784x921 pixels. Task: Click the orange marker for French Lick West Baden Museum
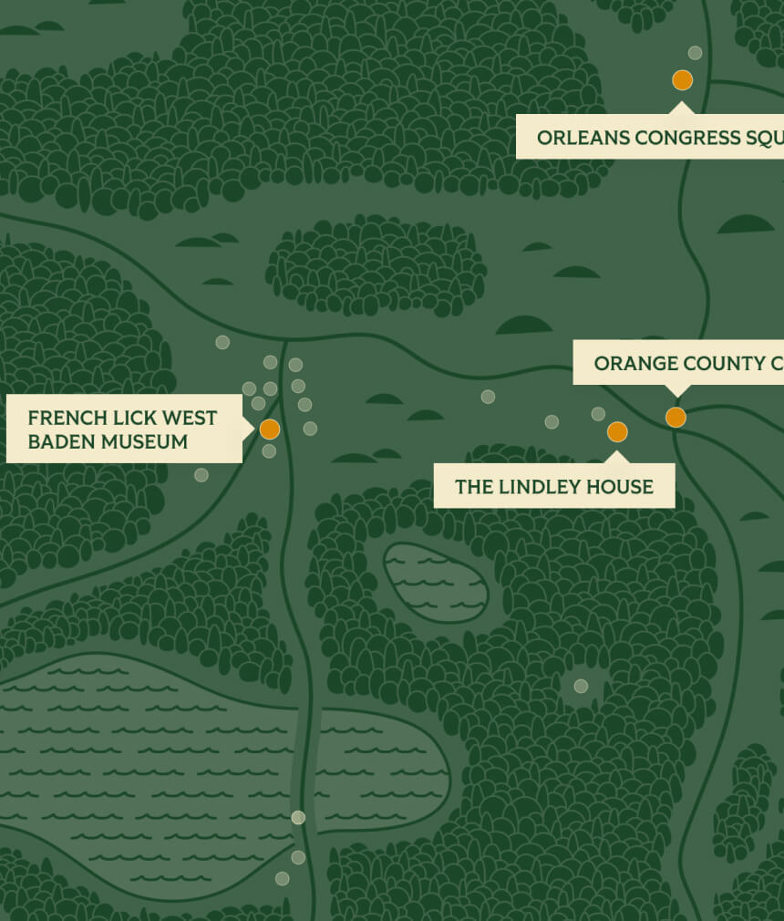coord(269,429)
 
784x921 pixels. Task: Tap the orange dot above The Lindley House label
coord(617,432)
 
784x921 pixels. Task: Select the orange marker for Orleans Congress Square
coord(682,80)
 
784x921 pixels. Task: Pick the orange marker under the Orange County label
coord(676,418)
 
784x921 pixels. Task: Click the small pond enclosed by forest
coord(436,583)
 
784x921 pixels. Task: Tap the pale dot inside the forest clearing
coord(581,686)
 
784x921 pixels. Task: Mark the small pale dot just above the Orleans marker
coord(695,53)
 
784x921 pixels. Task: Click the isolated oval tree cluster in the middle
coord(376,265)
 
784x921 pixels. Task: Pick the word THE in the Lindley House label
coord(474,487)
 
